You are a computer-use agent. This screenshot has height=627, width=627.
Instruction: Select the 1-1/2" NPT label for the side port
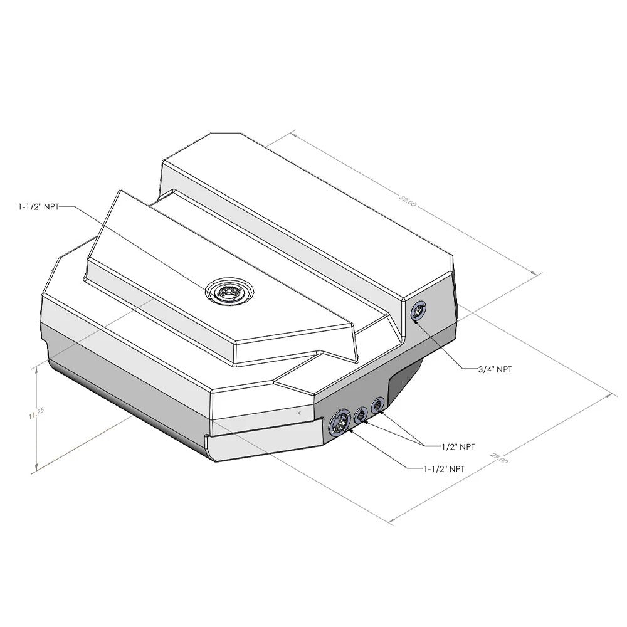[x=435, y=468]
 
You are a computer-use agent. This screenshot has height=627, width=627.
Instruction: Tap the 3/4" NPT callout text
[x=495, y=369]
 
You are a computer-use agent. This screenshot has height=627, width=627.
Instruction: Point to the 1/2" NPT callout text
[x=458, y=447]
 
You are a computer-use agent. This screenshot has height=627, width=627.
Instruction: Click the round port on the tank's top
[x=230, y=292]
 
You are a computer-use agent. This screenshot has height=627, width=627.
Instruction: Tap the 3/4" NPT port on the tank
[x=418, y=310]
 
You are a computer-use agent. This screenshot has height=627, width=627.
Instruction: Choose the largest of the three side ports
[x=339, y=423]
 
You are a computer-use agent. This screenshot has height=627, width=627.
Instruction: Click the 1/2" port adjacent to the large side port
[x=361, y=414]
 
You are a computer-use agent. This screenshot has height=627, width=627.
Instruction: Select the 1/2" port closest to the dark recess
[x=377, y=405]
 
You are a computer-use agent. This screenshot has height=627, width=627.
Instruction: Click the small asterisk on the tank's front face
[x=300, y=414]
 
